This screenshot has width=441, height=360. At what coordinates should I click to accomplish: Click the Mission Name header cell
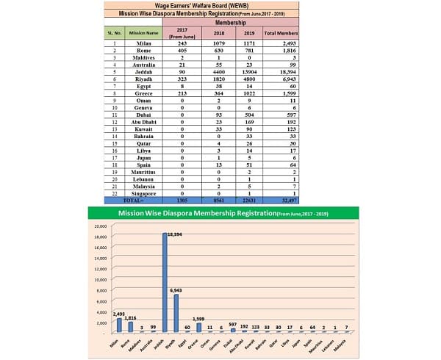pos(143,34)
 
